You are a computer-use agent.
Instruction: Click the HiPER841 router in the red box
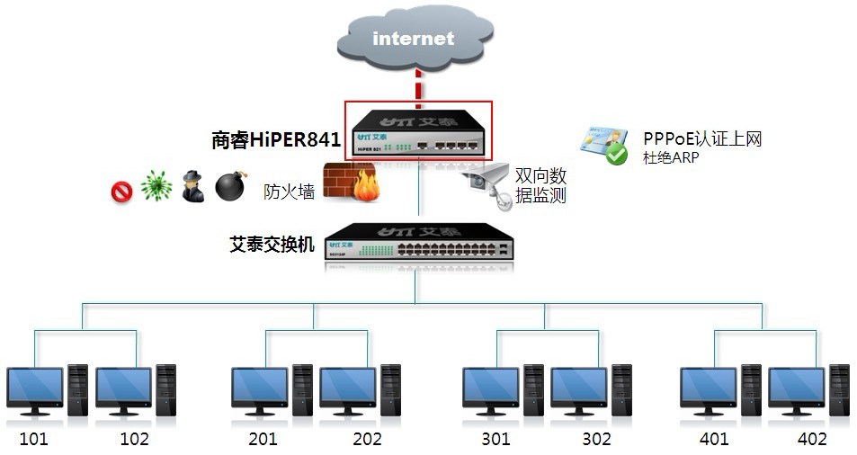[419, 131]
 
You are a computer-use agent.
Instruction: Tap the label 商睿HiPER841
[276, 139]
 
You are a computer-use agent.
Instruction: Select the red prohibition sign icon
[121, 190]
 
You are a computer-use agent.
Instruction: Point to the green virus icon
[156, 186]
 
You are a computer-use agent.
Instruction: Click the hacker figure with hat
[192, 186]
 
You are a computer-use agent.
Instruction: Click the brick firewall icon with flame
[351, 184]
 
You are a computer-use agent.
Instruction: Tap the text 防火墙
[289, 191]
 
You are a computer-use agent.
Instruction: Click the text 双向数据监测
[540, 185]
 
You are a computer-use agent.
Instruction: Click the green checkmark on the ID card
[616, 154]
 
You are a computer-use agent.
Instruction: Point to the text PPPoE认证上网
[702, 138]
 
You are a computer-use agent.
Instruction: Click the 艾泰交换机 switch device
[420, 244]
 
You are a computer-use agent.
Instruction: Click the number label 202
[367, 439]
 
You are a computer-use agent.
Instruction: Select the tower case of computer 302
[620, 388]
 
